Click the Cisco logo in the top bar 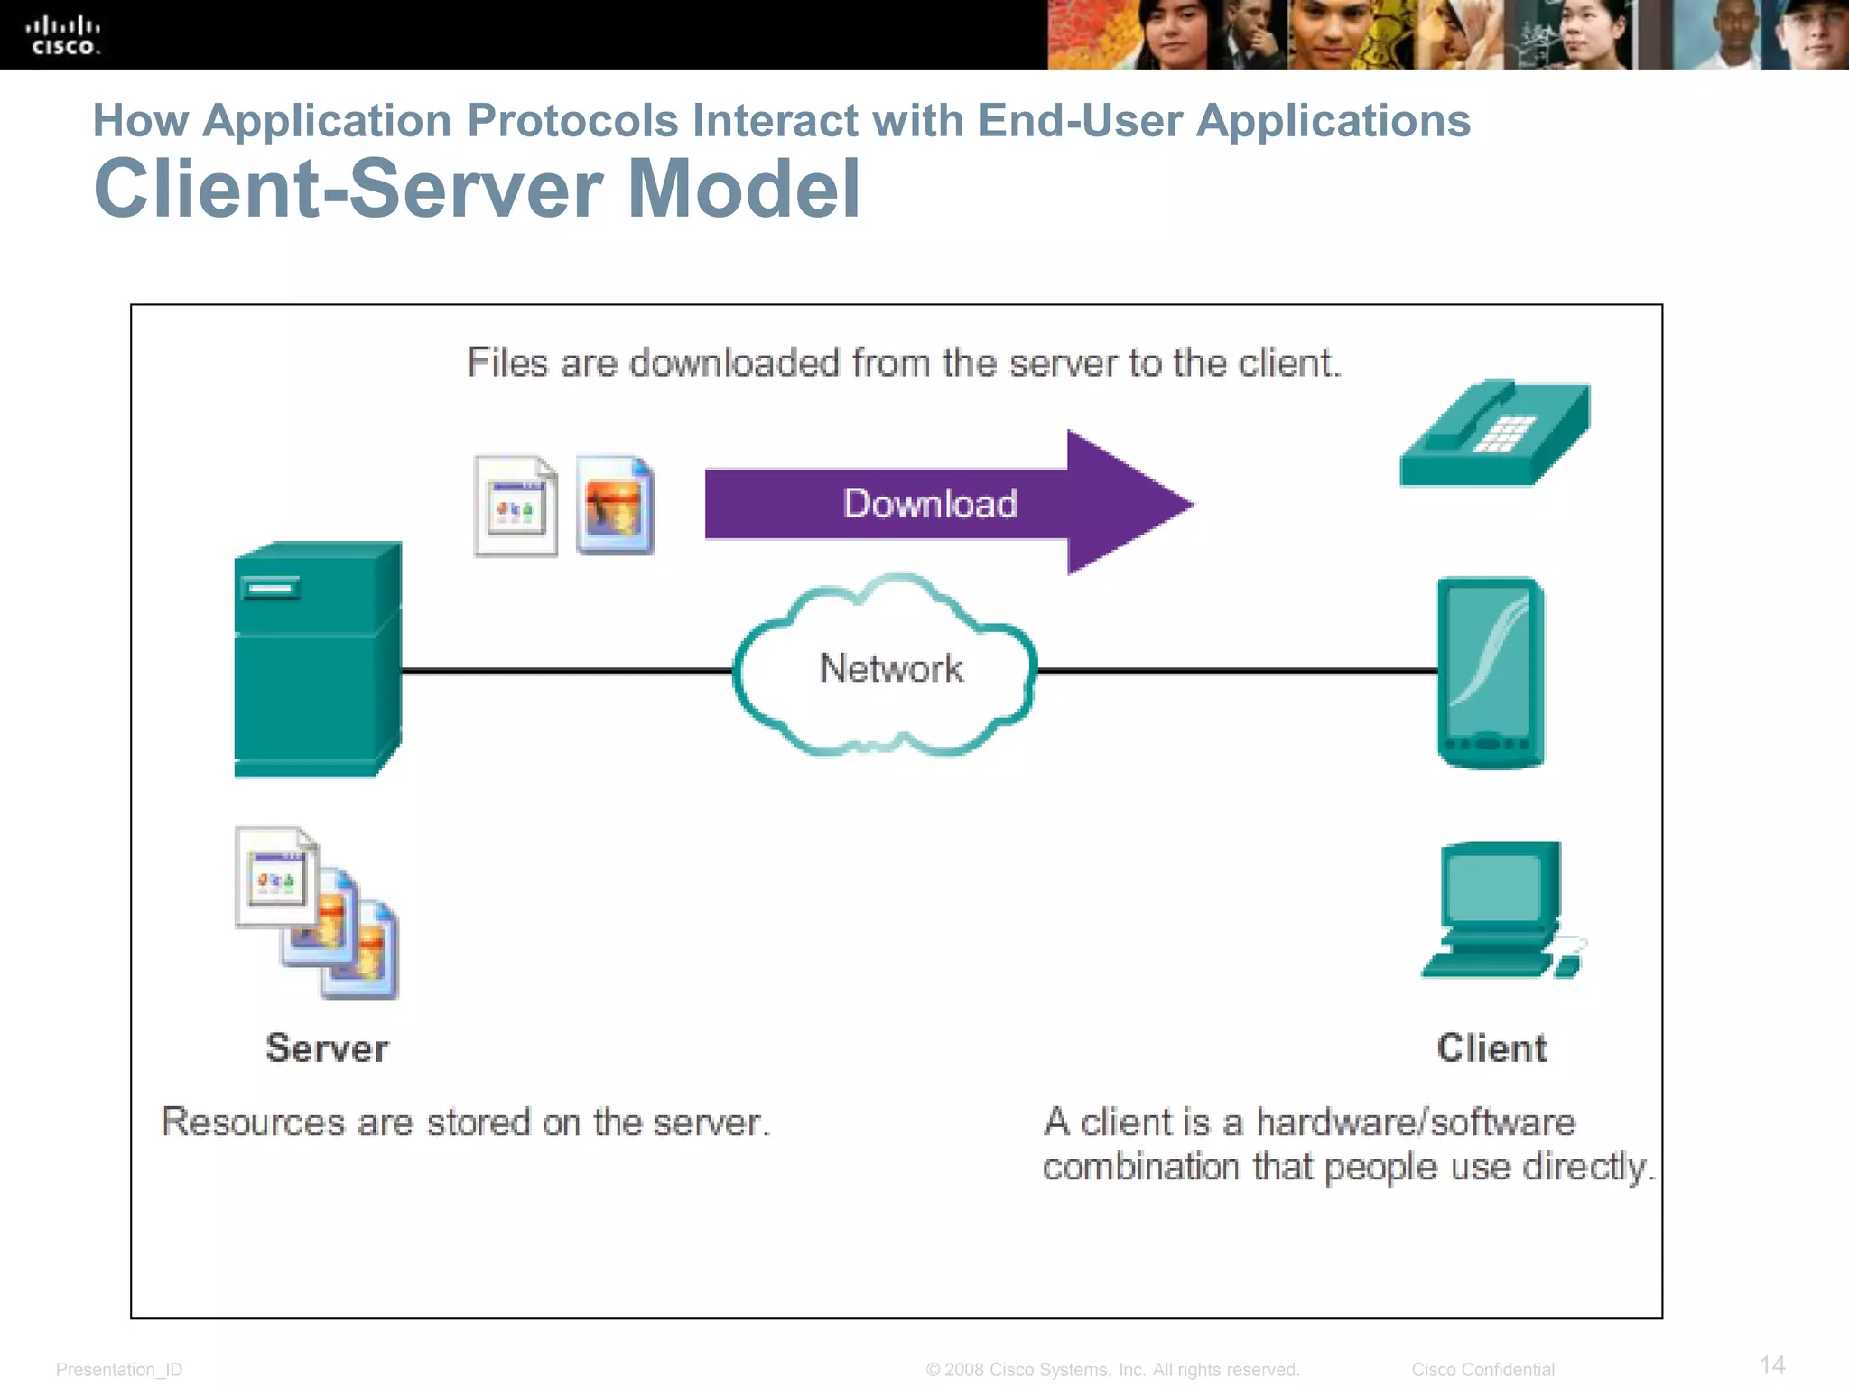pyautogui.click(x=62, y=35)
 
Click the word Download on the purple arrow pyautogui.click(x=930, y=504)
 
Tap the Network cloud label pyautogui.click(x=890, y=668)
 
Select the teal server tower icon pyautogui.click(x=317, y=659)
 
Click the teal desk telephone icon pyautogui.click(x=1494, y=434)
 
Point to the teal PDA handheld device pyautogui.click(x=1490, y=673)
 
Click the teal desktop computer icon pyautogui.click(x=1500, y=908)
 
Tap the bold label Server pyautogui.click(x=327, y=1048)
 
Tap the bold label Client pyautogui.click(x=1491, y=1048)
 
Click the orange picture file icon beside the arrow pyautogui.click(x=615, y=506)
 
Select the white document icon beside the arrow pyautogui.click(x=516, y=507)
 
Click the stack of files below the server pyautogui.click(x=317, y=912)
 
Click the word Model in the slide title pyautogui.click(x=743, y=189)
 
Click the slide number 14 pyautogui.click(x=1771, y=1364)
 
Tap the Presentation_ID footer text pyautogui.click(x=118, y=1370)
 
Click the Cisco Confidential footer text pyautogui.click(x=1482, y=1370)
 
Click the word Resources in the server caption pyautogui.click(x=253, y=1122)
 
